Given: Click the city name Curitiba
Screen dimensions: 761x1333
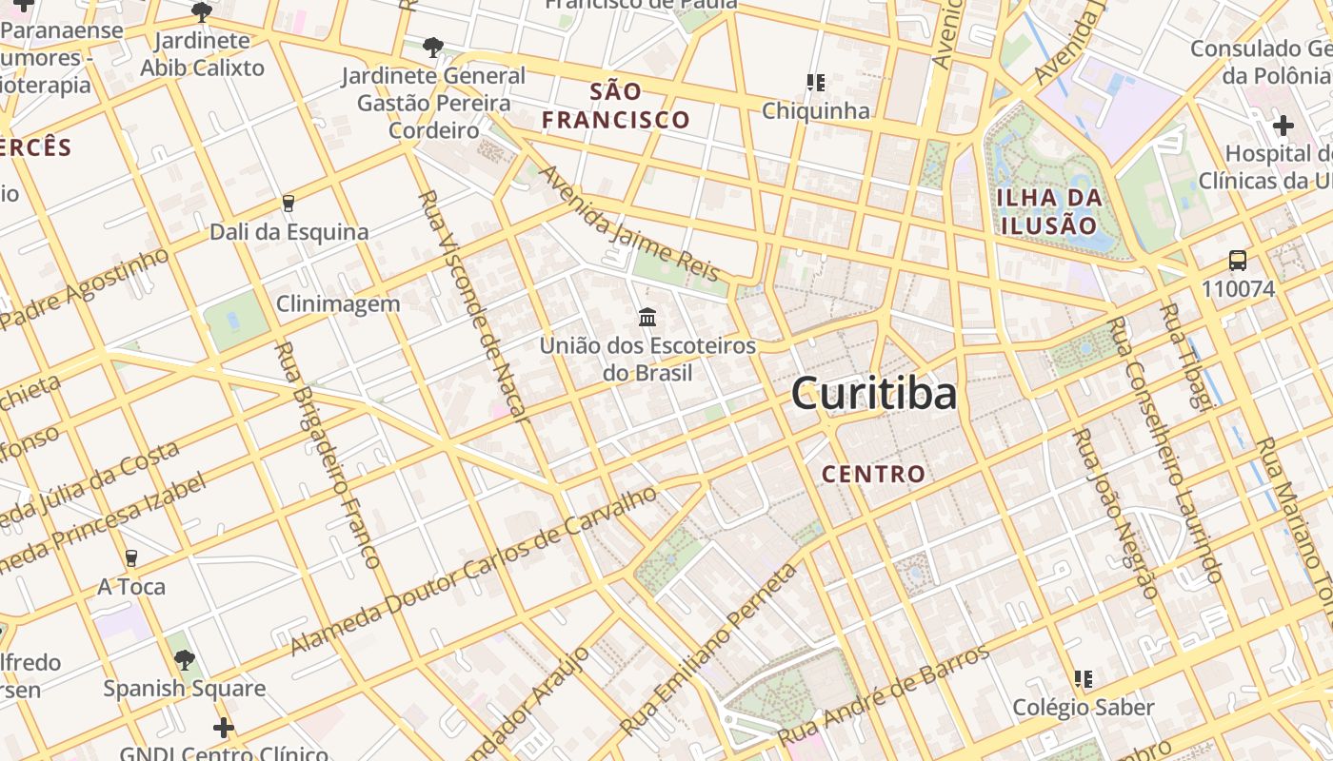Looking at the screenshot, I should tap(873, 393).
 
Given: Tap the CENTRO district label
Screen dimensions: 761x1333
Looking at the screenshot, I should tap(873, 474).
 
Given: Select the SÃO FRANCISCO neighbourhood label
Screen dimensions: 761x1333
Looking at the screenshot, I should tap(616, 106).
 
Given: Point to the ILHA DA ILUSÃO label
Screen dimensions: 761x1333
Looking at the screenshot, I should tap(1048, 211).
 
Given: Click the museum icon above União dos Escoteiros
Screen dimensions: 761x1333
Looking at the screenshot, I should tap(647, 316).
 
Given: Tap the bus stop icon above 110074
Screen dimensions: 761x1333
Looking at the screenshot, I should tap(1237, 260).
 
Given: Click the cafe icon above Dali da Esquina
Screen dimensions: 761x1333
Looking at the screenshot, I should tap(288, 203).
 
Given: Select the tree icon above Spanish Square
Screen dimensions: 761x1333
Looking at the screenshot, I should tap(185, 659).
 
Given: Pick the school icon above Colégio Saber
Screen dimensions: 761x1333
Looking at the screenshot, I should tap(1083, 678).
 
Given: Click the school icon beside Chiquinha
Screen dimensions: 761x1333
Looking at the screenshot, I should tap(815, 83).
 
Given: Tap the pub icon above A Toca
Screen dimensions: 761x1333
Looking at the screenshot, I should tap(131, 558).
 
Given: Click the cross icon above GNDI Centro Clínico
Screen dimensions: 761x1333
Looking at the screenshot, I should tap(223, 728).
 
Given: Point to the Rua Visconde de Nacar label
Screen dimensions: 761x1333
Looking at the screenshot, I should tap(472, 304).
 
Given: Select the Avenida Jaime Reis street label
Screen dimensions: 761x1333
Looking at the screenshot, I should tap(629, 224).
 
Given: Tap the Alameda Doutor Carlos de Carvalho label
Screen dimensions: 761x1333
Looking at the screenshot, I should tap(474, 570).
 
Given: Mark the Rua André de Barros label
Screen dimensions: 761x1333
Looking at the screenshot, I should tap(884, 695).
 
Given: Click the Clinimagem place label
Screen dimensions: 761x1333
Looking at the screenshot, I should tap(338, 303).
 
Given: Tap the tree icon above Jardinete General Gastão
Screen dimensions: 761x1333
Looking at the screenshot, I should tap(432, 46).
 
